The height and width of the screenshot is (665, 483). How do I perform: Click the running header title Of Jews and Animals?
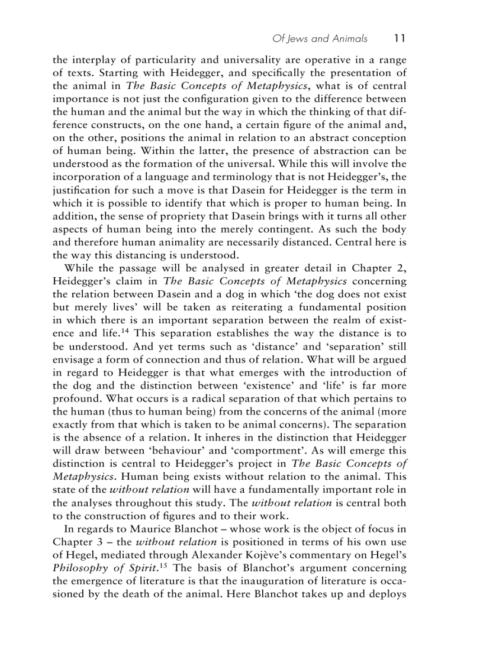point(320,38)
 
